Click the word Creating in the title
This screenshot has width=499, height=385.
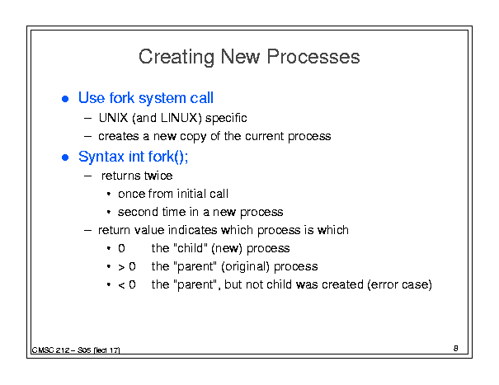click(177, 57)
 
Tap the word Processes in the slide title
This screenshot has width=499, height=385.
click(313, 57)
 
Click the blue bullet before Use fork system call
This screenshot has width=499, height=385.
click(65, 99)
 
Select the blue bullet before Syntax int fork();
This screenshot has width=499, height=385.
click(65, 157)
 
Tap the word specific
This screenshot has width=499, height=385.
click(226, 119)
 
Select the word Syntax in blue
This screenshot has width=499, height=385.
click(101, 157)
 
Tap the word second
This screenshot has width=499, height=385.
click(138, 212)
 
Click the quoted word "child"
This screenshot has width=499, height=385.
click(191, 248)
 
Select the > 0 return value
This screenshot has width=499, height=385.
click(127, 266)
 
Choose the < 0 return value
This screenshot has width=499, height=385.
click(127, 284)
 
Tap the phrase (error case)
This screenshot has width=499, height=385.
click(400, 284)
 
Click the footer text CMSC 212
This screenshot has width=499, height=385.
click(50, 350)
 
